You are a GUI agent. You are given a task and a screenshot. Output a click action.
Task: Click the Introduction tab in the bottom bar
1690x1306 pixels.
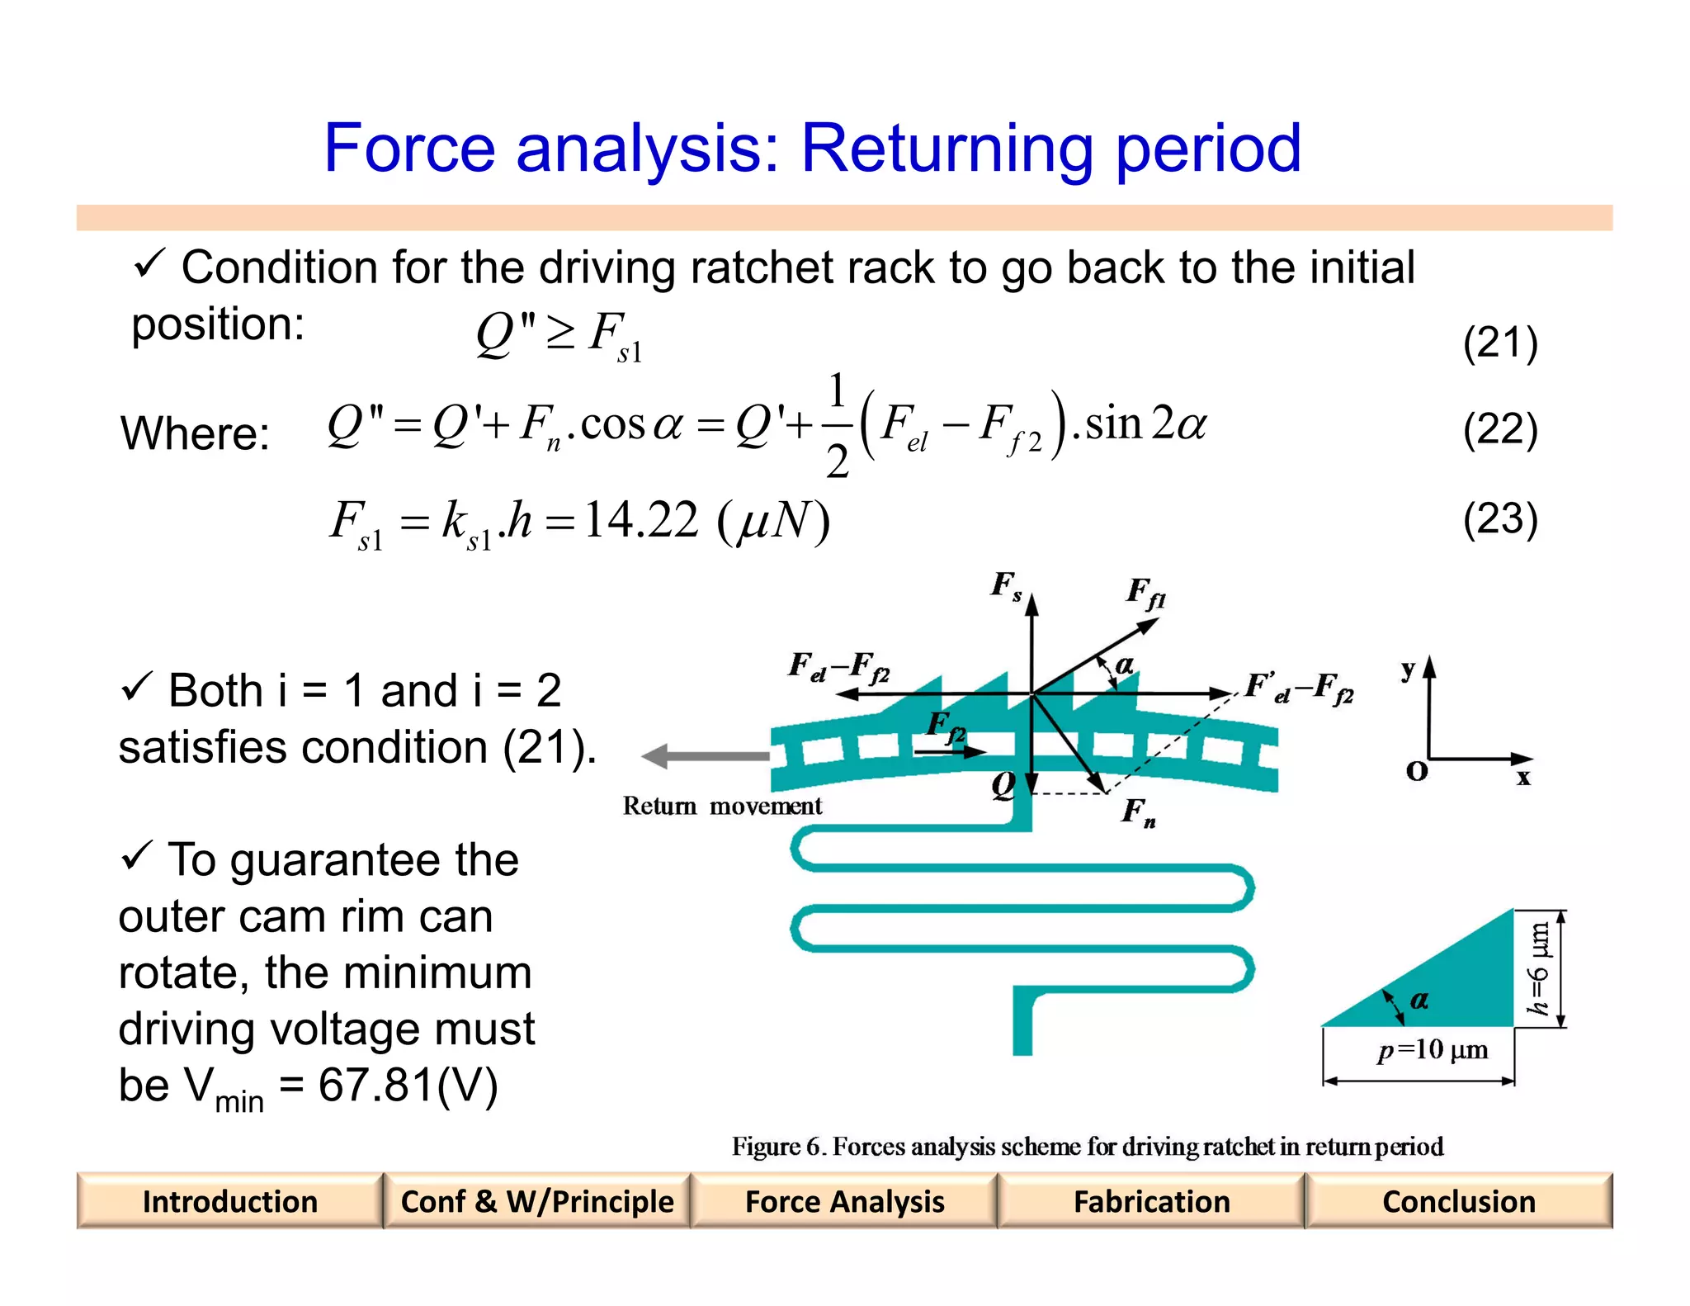point(229,1201)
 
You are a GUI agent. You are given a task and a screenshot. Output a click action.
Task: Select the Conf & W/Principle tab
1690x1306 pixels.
point(537,1201)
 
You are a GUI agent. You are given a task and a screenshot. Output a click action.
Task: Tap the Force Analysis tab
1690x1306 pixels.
point(844,1201)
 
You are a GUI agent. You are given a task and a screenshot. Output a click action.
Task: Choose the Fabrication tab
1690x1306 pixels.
point(1152,1201)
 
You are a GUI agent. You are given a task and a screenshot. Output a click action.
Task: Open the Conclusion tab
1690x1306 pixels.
point(1459,1201)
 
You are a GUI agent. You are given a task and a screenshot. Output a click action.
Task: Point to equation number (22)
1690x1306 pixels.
point(1500,429)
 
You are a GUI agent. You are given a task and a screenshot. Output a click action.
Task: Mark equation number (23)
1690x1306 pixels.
point(1500,519)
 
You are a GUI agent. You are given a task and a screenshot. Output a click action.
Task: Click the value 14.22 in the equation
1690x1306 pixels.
point(641,521)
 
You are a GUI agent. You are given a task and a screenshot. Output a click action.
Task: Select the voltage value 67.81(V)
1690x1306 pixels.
point(408,1085)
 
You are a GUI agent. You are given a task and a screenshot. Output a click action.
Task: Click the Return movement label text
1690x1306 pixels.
point(722,806)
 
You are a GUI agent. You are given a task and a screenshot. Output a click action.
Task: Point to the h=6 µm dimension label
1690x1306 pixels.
point(1540,968)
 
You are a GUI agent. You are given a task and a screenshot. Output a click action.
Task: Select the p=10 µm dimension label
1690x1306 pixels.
point(1433,1050)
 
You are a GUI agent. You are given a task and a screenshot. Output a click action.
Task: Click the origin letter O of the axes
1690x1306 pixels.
point(1417,771)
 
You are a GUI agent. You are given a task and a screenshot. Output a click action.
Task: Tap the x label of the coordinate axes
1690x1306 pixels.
point(1523,777)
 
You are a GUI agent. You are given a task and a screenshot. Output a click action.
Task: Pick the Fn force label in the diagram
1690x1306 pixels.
point(1138,812)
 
